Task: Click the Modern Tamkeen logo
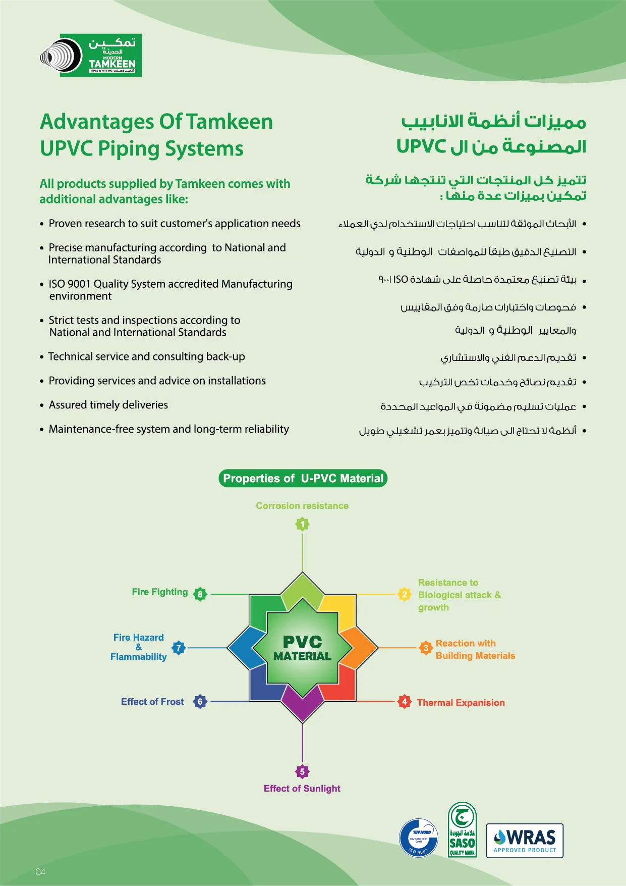(x=91, y=56)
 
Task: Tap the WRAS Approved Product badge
(x=525, y=841)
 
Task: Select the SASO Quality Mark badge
(x=462, y=830)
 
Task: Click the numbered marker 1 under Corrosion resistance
(x=303, y=524)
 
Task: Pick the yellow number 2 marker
(x=404, y=594)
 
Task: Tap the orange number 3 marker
(x=426, y=648)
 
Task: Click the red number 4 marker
(x=404, y=701)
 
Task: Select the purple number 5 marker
(x=302, y=771)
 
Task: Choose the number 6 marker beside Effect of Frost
(x=200, y=701)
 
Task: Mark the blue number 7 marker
(x=179, y=648)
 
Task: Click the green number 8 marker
(x=200, y=594)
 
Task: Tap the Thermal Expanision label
(x=461, y=703)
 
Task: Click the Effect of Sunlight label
(x=302, y=789)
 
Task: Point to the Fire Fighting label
(x=159, y=592)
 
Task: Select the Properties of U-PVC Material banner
(x=303, y=479)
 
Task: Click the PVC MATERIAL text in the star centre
(x=302, y=648)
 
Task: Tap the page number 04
(x=40, y=872)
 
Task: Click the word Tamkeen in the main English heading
(x=230, y=122)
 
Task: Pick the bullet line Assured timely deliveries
(x=108, y=405)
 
